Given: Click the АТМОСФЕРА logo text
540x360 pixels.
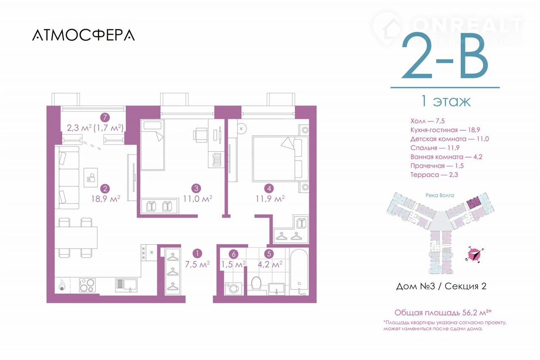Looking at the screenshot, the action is [84, 35].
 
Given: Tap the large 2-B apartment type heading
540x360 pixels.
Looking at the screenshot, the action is [445, 56].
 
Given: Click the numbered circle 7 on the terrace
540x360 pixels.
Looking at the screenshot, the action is [105, 118].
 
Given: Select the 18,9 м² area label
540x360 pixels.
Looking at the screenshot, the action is [105, 199].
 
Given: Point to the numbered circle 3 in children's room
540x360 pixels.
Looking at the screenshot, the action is [196, 188].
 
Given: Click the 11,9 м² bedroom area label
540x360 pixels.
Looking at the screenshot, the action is [270, 199].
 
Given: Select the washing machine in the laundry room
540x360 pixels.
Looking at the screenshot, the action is [233, 288].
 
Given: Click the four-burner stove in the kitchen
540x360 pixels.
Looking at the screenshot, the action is [87, 285].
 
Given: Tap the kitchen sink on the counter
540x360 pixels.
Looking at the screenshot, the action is [126, 285].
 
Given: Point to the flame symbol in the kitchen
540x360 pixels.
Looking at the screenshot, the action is [62, 285].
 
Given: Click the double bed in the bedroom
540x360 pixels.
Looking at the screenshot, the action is [281, 159].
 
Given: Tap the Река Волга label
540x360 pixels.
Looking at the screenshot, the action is [440, 195].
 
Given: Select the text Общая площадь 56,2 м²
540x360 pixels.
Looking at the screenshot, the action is [443, 312].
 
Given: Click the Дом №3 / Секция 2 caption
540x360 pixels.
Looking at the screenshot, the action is [441, 286].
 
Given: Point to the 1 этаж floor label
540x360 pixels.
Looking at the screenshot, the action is [445, 101].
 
